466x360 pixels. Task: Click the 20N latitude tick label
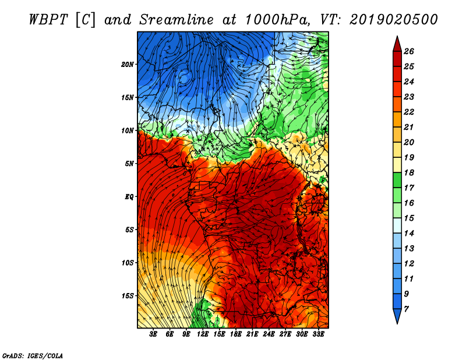[x=128, y=65]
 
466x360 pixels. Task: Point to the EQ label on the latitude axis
[x=129, y=197]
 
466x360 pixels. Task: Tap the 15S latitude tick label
[x=128, y=296]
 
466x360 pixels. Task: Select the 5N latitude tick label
[x=129, y=164]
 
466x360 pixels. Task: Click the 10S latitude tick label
[x=128, y=263]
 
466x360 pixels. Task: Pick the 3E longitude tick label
[x=153, y=334]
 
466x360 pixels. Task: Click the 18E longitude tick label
[x=236, y=334]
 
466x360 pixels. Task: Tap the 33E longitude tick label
[x=318, y=334]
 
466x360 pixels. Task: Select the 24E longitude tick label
[x=269, y=334]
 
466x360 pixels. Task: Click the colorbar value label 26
[x=409, y=51]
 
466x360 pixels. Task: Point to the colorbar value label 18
[x=409, y=172]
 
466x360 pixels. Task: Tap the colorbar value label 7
[x=406, y=309]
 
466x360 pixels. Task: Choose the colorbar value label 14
[x=409, y=234]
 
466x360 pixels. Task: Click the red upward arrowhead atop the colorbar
[x=397, y=44]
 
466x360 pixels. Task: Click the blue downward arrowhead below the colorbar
[x=397, y=316]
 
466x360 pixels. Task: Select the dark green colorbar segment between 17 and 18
[x=397, y=180]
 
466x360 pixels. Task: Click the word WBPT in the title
[x=49, y=20]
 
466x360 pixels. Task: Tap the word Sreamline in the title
[x=176, y=20]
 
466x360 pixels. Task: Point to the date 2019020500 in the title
[x=394, y=20]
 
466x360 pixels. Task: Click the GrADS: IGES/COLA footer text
[x=33, y=356]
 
